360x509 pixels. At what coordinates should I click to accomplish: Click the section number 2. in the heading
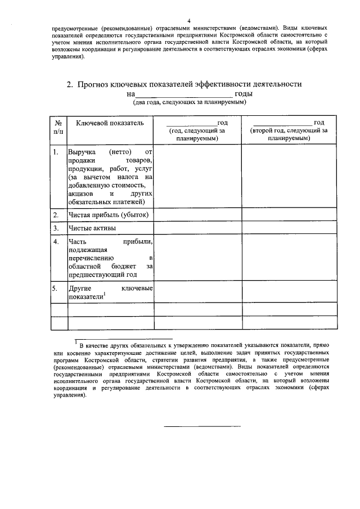(x=70, y=84)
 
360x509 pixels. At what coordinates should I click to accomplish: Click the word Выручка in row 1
(x=83, y=152)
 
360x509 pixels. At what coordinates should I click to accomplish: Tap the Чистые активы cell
(x=92, y=228)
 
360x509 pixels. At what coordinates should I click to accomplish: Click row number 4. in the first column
(x=56, y=242)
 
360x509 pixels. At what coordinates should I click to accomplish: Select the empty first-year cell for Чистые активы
(x=197, y=228)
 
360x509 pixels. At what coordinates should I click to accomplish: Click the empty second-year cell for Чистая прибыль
(x=289, y=215)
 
